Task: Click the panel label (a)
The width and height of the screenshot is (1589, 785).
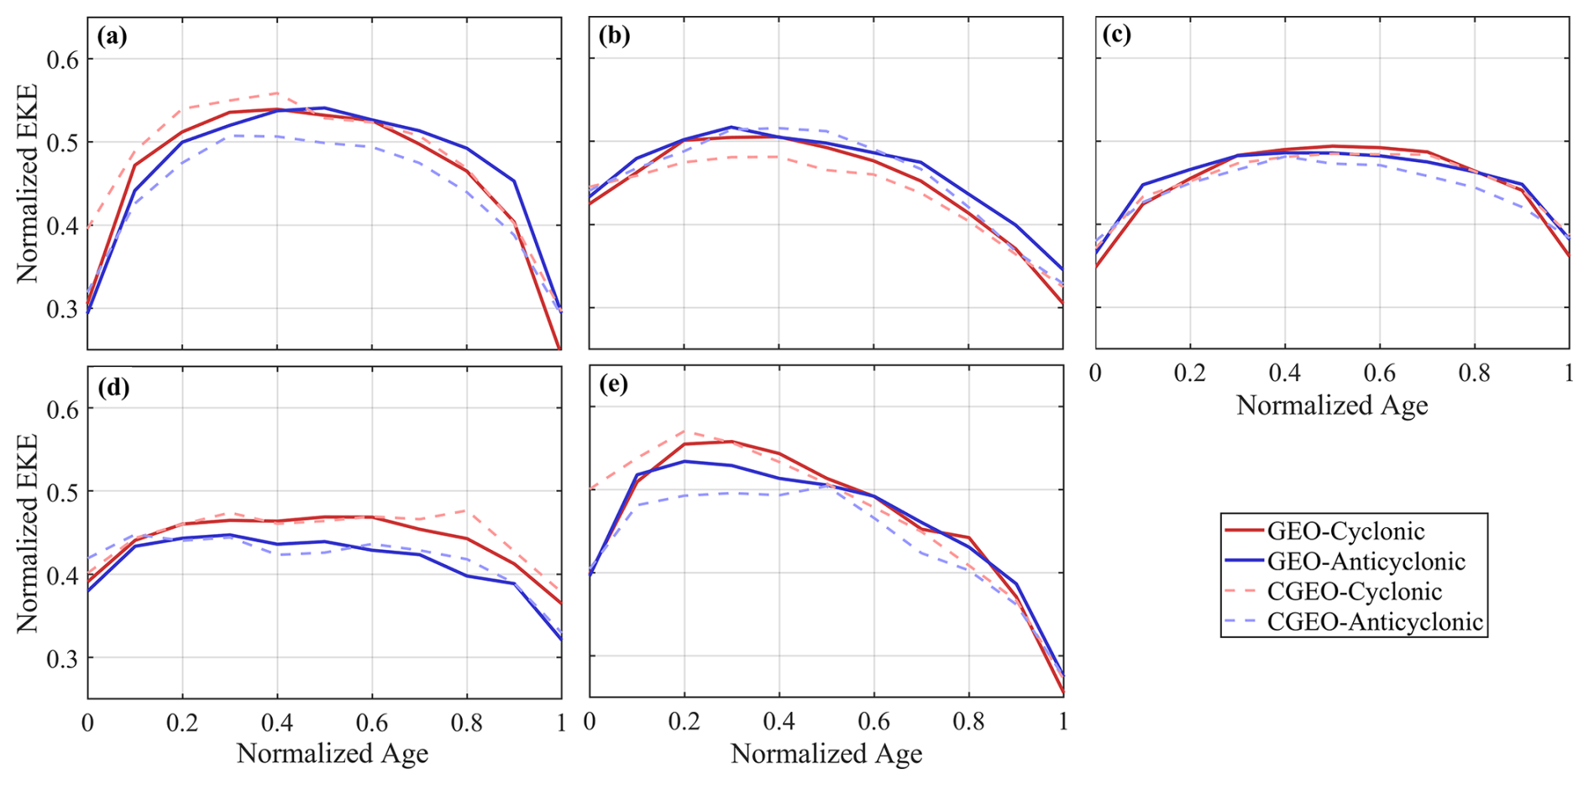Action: pyautogui.click(x=112, y=36)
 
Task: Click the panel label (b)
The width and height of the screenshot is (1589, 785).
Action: pyautogui.click(x=614, y=36)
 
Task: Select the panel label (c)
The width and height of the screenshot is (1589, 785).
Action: pyautogui.click(x=1116, y=34)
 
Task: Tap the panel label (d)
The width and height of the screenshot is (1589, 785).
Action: pyautogui.click(x=113, y=387)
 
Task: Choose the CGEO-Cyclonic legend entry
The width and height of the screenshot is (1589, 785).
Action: pyautogui.click(x=1354, y=592)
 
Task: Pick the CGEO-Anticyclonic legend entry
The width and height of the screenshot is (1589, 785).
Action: pyautogui.click(x=1374, y=622)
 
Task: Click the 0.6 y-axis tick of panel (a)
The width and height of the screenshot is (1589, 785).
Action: pyautogui.click(x=62, y=60)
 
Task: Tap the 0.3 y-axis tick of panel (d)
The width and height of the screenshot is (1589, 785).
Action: pyautogui.click(x=62, y=658)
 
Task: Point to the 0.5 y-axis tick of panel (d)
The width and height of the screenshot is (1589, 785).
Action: pyautogui.click(x=62, y=492)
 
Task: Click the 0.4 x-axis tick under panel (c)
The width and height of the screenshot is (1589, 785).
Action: pyautogui.click(x=1284, y=372)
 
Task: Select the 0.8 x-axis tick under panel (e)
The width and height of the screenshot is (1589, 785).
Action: pyautogui.click(x=968, y=721)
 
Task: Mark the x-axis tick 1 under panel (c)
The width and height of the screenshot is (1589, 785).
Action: pyautogui.click(x=1568, y=372)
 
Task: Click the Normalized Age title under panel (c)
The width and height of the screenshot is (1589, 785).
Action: pyautogui.click(x=1332, y=406)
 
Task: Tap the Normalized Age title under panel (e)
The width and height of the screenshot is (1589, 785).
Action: pyautogui.click(x=826, y=754)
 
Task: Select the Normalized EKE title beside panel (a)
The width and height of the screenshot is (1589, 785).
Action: pyautogui.click(x=27, y=183)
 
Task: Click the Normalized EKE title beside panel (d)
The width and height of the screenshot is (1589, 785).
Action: pyautogui.click(x=27, y=533)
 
